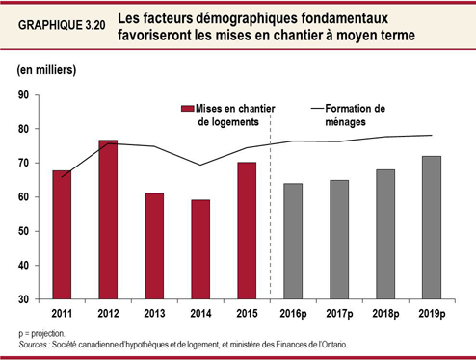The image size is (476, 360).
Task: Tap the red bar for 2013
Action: pyautogui.click(x=154, y=245)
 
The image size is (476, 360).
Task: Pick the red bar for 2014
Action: pyautogui.click(x=200, y=249)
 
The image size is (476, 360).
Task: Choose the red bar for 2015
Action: pyautogui.click(x=247, y=231)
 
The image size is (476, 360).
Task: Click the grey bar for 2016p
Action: pyautogui.click(x=293, y=241)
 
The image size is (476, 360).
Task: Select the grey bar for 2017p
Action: pyautogui.click(x=339, y=239)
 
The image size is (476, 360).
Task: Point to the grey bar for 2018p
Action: pyautogui.click(x=385, y=234)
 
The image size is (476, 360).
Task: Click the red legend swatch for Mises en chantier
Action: pyautogui.click(x=188, y=108)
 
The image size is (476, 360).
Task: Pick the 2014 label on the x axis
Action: pyautogui.click(x=200, y=313)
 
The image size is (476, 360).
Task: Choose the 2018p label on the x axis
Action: pyautogui.click(x=385, y=313)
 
